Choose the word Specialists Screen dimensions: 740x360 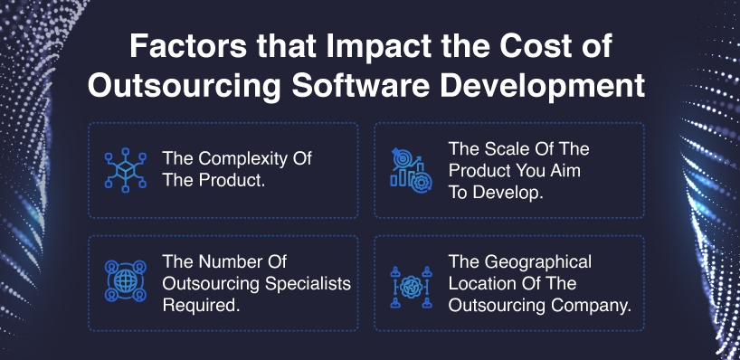click(308, 284)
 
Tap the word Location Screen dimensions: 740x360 click(481, 283)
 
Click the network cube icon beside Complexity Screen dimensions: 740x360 click(126, 170)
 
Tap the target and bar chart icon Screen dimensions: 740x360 click(411, 170)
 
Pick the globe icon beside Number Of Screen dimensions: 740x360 click(126, 281)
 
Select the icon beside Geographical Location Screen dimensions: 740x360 click(411, 287)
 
